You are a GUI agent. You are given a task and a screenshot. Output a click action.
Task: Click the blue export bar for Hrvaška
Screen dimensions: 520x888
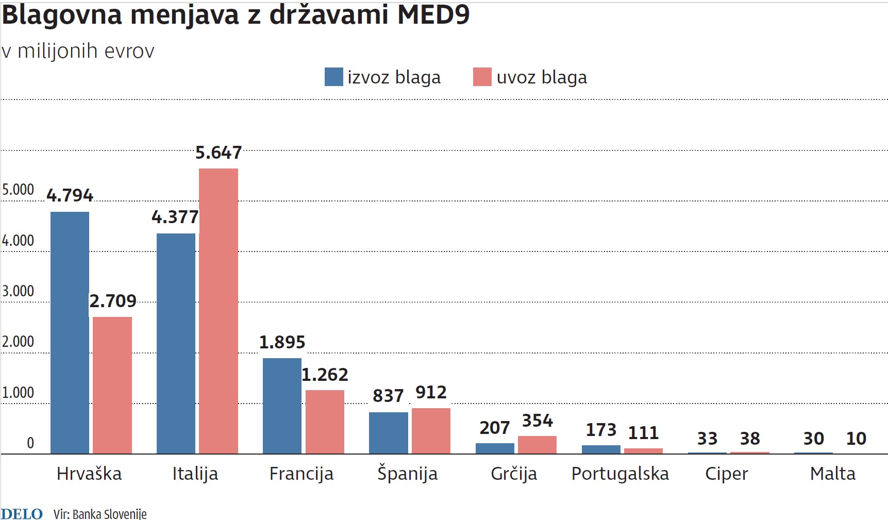(x=70, y=332)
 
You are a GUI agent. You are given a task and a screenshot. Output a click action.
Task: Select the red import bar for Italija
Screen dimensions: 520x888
(x=219, y=311)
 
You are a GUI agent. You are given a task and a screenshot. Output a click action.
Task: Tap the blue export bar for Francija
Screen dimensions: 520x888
(x=282, y=406)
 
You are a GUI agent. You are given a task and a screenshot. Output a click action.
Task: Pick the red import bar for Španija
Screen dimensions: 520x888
(x=431, y=431)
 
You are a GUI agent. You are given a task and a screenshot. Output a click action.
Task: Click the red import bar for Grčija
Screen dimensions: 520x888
(x=537, y=445)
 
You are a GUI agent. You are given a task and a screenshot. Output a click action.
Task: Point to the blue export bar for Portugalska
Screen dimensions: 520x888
(x=601, y=449)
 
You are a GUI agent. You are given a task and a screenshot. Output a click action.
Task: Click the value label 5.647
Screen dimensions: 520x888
(x=219, y=153)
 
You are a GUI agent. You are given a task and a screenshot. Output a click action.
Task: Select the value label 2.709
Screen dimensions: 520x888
(x=113, y=301)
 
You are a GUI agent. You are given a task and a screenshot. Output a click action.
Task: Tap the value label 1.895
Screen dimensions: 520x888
(x=282, y=342)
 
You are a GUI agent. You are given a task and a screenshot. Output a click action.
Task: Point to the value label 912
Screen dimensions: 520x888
(x=431, y=393)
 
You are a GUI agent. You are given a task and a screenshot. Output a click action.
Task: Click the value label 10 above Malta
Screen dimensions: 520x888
(x=856, y=439)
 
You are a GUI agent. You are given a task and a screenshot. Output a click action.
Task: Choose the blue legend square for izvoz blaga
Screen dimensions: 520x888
(x=333, y=77)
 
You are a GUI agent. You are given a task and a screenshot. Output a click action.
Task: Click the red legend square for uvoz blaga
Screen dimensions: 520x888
(x=482, y=77)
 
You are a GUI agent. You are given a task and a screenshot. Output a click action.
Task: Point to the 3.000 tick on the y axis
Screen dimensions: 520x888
(x=18, y=291)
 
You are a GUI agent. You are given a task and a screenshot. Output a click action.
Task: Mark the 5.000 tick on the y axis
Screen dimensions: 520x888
(x=18, y=190)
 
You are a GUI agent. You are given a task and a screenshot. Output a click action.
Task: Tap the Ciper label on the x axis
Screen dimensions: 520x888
(x=726, y=474)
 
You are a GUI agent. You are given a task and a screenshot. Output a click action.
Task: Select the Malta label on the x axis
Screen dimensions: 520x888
(x=832, y=474)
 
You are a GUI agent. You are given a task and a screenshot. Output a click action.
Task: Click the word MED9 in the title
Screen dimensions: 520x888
(x=433, y=14)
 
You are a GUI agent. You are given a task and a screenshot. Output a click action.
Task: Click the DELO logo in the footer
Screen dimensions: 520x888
(x=22, y=513)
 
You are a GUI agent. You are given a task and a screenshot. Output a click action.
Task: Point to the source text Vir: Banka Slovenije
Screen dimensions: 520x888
(x=100, y=514)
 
